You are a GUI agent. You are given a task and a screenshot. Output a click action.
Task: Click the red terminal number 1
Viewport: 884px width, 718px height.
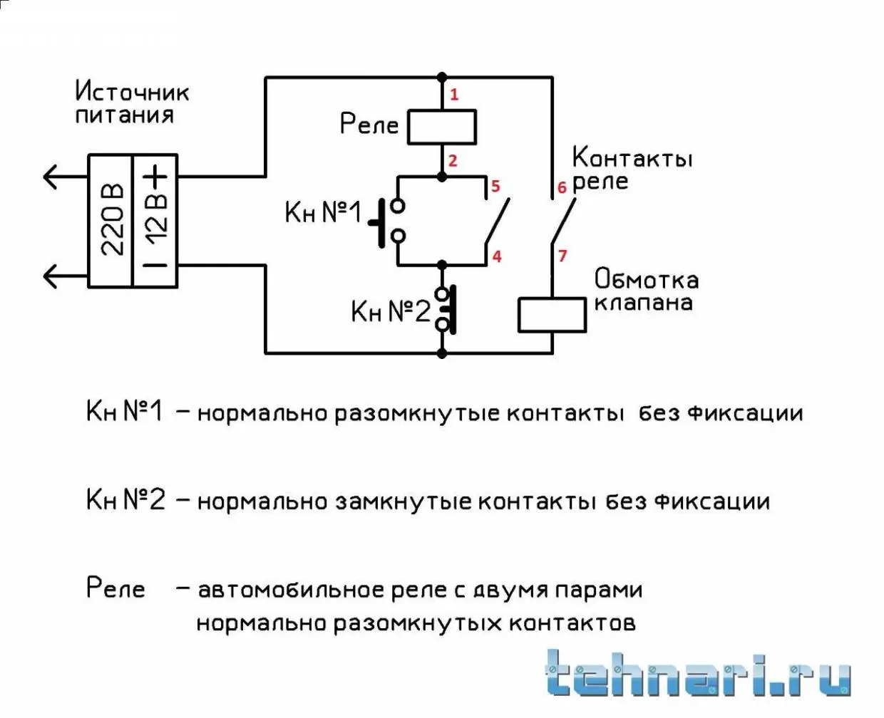454,95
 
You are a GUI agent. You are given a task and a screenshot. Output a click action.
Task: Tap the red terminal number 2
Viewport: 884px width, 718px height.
453,160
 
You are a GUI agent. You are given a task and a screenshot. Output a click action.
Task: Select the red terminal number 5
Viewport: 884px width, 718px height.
495,186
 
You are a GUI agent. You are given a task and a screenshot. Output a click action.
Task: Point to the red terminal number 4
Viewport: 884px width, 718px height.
497,256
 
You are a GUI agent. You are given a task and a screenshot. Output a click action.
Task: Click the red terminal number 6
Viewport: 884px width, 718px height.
562,187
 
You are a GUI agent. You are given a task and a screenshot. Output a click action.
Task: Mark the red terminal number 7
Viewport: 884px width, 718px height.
562,256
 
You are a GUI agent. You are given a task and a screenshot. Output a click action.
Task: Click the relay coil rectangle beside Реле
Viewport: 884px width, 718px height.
442,127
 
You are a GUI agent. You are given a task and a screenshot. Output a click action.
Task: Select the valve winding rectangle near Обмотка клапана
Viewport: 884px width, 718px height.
552,315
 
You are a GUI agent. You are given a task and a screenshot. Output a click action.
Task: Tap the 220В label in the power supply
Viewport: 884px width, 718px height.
112,219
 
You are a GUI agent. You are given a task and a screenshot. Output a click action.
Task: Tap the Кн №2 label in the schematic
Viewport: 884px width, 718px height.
391,311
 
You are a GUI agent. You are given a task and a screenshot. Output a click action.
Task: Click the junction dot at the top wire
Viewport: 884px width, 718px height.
442,77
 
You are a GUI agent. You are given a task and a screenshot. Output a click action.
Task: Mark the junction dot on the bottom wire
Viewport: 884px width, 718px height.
442,353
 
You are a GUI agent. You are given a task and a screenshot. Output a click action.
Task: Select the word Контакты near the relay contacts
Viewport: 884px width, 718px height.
632,157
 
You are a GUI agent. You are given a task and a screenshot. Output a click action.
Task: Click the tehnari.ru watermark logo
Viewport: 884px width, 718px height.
698,673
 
